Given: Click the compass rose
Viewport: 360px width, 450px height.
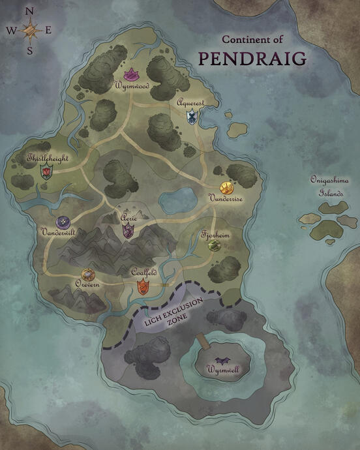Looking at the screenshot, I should coord(29,30).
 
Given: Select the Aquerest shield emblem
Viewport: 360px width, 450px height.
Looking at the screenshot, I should coord(192,116).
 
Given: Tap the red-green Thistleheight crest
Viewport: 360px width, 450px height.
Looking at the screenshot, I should coord(46,172).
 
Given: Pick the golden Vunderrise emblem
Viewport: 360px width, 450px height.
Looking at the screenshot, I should coord(226,189).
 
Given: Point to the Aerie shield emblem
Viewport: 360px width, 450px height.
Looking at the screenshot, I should coord(128,230).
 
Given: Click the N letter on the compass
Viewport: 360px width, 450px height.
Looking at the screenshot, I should coord(29,10).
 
